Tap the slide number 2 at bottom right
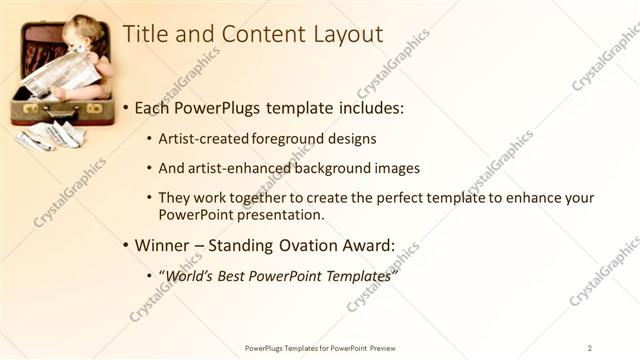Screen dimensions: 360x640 click(x=590, y=347)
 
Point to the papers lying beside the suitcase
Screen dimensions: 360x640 click(x=50, y=135)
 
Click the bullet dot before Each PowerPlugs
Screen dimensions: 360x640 click(x=124, y=107)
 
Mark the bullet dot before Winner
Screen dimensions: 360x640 click(x=124, y=245)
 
